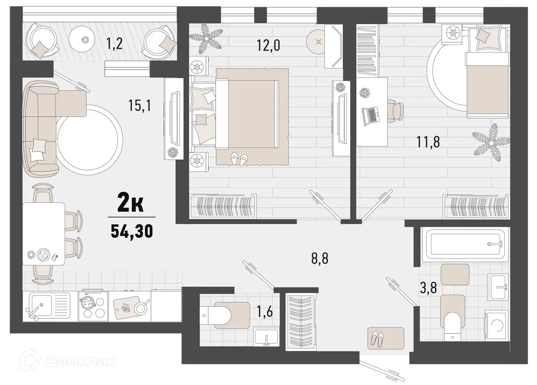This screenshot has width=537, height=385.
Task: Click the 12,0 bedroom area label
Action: pos(268,45)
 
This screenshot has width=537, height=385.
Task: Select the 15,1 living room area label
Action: pos(140,105)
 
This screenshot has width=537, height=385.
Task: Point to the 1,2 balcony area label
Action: pos(115,43)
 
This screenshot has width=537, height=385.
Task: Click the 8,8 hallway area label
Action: pos(320,258)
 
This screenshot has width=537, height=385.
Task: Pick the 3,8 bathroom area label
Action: pos(428,288)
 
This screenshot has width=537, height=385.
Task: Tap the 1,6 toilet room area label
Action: pos(265,312)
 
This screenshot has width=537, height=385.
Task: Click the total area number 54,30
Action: pos(132,231)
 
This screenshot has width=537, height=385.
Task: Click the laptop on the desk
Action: pos(371,116)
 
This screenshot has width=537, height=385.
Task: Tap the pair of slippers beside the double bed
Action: pos(239,159)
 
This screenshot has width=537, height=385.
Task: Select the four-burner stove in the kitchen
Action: pos(94,306)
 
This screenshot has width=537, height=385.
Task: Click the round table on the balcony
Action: pos(83,39)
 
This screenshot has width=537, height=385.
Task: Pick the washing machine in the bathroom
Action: pos(496,325)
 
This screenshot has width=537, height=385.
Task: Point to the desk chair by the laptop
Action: pos(396,111)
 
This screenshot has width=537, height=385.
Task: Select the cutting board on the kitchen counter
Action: pos(126,308)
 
